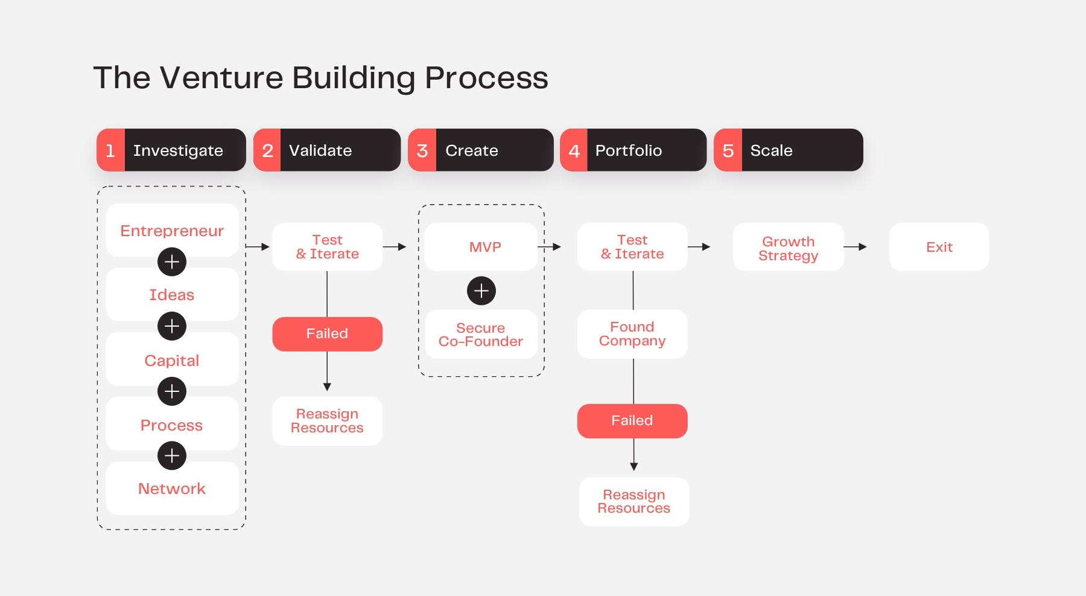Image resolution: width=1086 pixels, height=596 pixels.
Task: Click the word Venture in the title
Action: tap(221, 78)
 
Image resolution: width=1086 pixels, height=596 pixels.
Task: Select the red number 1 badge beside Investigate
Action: tap(110, 150)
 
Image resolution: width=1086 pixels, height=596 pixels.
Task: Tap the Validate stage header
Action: tap(327, 150)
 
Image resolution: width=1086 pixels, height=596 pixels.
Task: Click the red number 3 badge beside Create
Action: tap(422, 150)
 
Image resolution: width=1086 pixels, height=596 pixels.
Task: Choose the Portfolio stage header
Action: tap(633, 150)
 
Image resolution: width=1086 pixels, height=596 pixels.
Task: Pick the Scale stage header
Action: tap(788, 150)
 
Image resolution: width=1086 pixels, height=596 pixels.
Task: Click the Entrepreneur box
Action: tap(172, 230)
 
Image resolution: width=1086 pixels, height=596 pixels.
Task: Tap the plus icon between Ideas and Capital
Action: tap(172, 326)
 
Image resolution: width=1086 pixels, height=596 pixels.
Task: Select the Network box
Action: tap(172, 489)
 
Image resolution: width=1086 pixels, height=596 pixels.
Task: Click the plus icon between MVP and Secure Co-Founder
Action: tap(481, 291)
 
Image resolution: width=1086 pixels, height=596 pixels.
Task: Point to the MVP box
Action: tap(481, 247)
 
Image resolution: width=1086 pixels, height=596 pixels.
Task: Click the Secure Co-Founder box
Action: tap(481, 335)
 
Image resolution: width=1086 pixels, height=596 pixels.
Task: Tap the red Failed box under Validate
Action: tap(327, 334)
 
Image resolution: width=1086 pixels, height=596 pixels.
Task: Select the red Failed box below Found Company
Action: tap(632, 421)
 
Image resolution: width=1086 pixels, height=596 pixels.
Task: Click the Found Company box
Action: tap(632, 334)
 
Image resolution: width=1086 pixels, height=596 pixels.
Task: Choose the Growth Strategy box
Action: tap(788, 248)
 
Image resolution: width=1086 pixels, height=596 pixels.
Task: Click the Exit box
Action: tap(939, 247)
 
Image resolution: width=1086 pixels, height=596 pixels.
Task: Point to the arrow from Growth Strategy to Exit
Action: tap(855, 247)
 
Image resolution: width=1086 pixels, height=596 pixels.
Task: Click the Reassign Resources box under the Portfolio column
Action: tap(634, 502)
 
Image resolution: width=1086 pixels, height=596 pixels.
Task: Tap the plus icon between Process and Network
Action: tap(172, 456)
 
